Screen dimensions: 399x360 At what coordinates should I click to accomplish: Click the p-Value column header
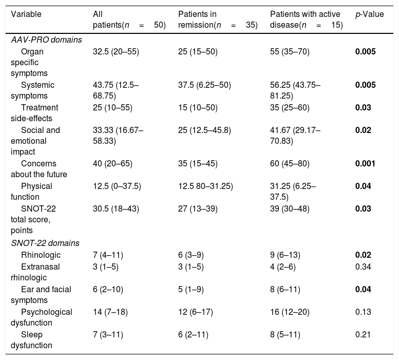pyautogui.click(x=370, y=14)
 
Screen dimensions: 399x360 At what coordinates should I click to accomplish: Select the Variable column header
pyautogui.click(x=26, y=14)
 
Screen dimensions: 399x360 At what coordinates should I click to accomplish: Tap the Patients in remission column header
pyautogui.click(x=218, y=20)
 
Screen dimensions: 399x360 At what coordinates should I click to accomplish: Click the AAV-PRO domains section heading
pyautogui.click(x=46, y=40)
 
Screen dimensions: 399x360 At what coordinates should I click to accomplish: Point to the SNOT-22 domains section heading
pyautogui.click(x=45, y=243)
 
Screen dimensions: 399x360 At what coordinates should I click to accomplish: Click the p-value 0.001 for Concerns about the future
pyautogui.click(x=365, y=164)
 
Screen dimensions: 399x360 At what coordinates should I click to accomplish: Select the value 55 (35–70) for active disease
pyautogui.click(x=290, y=52)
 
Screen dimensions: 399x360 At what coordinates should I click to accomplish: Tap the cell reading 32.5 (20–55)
pyautogui.click(x=116, y=52)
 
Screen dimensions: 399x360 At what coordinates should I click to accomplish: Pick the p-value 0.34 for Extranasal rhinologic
pyautogui.click(x=363, y=267)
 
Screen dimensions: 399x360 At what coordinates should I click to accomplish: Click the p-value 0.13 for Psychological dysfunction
pyautogui.click(x=363, y=312)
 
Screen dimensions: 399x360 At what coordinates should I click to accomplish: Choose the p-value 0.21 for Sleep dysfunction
pyautogui.click(x=363, y=334)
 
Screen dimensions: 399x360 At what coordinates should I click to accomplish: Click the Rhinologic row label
pyautogui.click(x=41, y=255)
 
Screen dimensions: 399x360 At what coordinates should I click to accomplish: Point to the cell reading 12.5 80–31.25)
pyautogui.click(x=205, y=186)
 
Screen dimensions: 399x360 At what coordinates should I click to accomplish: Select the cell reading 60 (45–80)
pyautogui.click(x=290, y=164)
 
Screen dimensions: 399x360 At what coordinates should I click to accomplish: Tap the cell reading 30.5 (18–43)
pyautogui.click(x=116, y=209)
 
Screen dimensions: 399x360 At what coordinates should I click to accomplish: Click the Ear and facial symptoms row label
pyautogui.click(x=41, y=295)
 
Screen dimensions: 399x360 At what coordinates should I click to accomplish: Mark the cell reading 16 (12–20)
pyautogui.click(x=290, y=312)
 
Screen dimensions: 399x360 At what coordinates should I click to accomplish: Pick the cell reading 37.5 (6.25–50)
pyautogui.click(x=204, y=85)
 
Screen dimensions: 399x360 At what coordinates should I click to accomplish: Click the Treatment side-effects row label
pyautogui.click(x=34, y=113)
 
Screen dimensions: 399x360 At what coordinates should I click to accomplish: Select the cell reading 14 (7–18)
pyautogui.click(x=110, y=312)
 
